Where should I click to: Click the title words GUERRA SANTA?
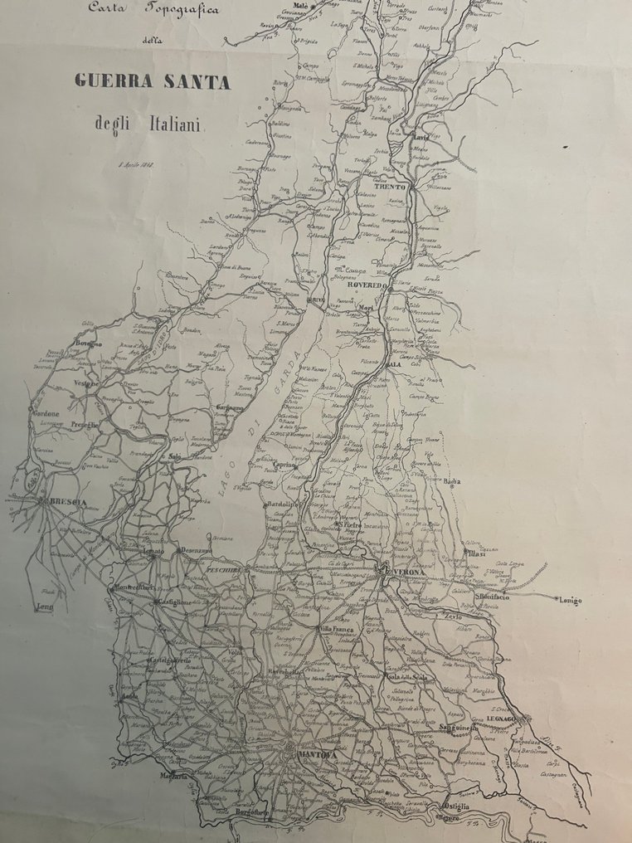tap(153, 81)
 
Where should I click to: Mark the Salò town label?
tap(174, 456)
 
